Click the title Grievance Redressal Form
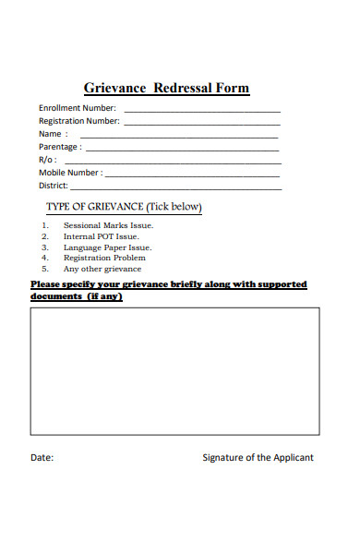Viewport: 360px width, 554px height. click(166, 89)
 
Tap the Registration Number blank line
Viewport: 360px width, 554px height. click(202, 123)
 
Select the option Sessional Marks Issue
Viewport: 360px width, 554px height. click(108, 225)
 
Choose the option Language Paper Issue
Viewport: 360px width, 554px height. click(107, 247)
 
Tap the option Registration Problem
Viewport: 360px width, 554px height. click(104, 258)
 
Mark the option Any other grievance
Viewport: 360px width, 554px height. click(102, 269)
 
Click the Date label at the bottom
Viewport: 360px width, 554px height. click(42, 458)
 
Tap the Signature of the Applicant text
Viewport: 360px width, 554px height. click(258, 458)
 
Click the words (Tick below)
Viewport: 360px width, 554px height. click(174, 206)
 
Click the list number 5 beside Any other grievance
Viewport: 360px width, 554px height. click(44, 269)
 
